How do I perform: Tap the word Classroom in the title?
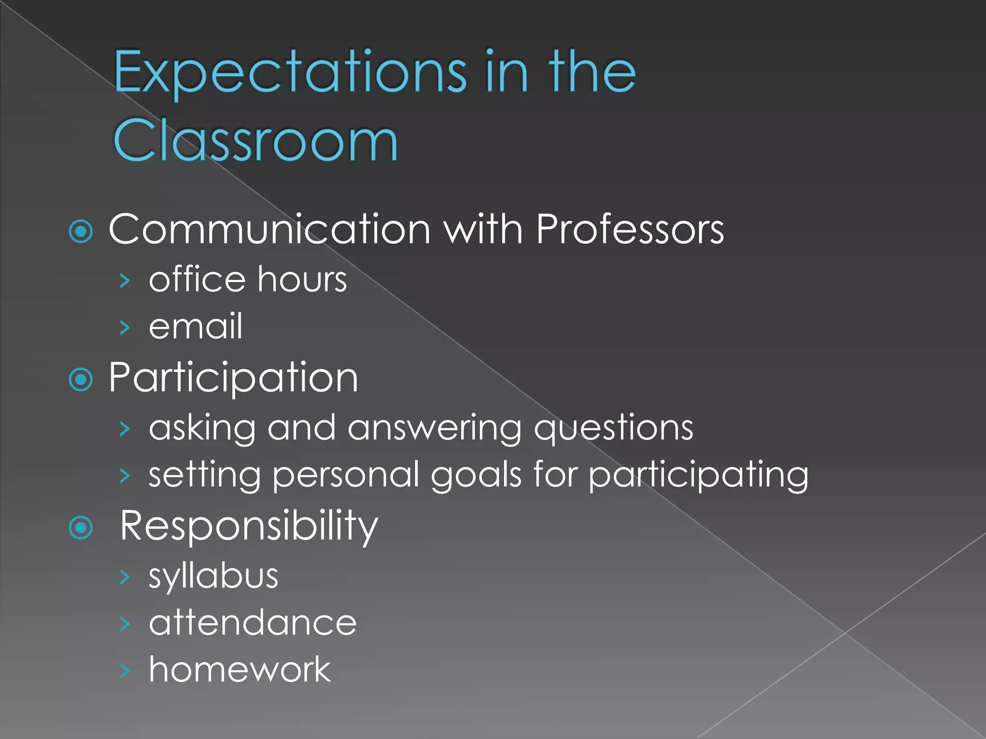[x=255, y=140]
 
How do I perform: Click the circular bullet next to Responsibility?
[x=81, y=528]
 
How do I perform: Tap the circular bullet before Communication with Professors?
[x=81, y=232]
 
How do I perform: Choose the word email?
[x=195, y=326]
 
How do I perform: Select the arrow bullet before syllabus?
[x=125, y=576]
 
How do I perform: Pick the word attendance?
[x=253, y=623]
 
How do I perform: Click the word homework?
[x=240, y=669]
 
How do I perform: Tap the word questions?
[x=614, y=428]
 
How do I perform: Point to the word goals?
[x=476, y=475]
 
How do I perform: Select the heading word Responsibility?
[x=249, y=526]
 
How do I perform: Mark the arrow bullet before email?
[x=125, y=328]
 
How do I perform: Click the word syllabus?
[x=213, y=576]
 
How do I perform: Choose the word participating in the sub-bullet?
[x=699, y=475]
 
